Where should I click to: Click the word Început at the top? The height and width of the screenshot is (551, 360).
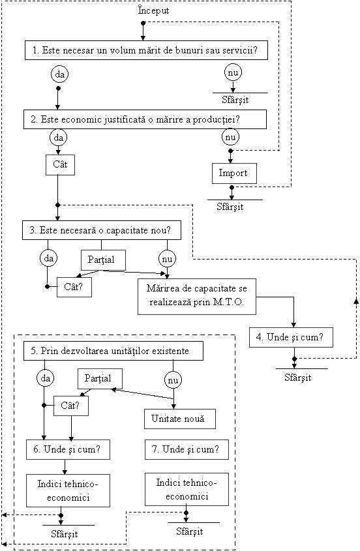pos(153,10)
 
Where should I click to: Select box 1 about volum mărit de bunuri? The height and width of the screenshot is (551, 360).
pos(146,50)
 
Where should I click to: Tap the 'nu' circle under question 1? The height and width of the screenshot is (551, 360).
pos(233,73)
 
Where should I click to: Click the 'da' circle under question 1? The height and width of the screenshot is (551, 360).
pos(60,74)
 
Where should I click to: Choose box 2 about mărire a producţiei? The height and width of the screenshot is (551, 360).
pos(145,119)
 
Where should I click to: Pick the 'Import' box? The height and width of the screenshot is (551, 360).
pos(234,173)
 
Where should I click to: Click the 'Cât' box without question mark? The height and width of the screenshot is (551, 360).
pos(60,165)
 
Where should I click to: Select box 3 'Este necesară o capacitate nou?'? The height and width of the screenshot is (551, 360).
pos(102,230)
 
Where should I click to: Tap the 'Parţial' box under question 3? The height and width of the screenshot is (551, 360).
pos(103,260)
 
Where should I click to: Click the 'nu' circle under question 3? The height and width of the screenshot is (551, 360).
pos(167,259)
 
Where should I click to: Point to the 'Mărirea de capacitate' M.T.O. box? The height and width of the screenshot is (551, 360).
pos(197,297)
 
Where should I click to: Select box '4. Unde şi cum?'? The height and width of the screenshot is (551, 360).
pos(291,337)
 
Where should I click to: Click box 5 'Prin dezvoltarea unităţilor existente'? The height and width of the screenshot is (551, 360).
pos(113,351)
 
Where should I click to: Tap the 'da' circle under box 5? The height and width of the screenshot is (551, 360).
pos(46,378)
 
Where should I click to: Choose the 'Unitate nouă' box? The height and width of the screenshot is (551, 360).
pos(180,419)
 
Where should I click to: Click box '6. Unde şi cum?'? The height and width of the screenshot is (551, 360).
pos(68,449)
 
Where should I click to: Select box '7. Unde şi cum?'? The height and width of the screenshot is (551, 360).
pos(187,449)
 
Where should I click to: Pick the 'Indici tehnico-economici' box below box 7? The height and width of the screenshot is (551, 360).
pos(187,489)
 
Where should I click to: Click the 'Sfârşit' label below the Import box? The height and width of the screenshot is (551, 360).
pos(230,207)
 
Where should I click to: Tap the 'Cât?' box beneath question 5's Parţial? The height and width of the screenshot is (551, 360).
pos(71,406)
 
